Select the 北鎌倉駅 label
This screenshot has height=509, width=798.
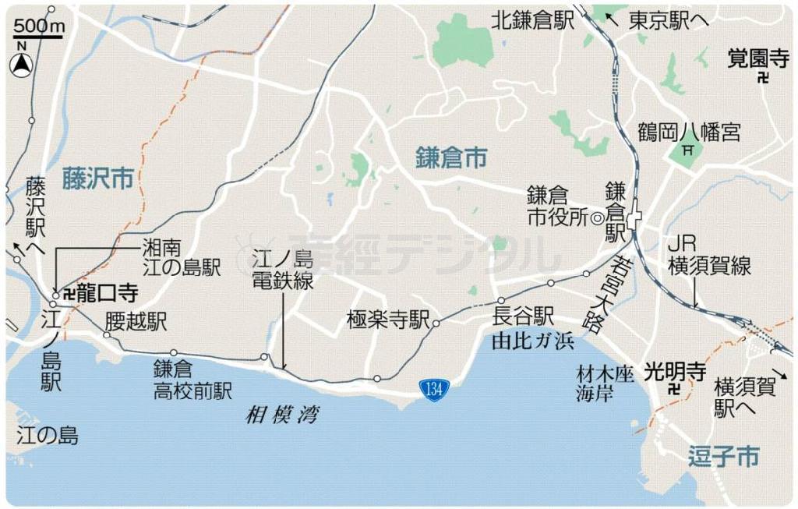click(x=532, y=20)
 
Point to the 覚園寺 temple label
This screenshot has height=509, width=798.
click(x=757, y=58)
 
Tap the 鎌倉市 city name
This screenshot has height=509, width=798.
click(x=451, y=159)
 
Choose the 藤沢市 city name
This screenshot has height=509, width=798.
click(x=98, y=179)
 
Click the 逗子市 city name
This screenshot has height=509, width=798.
click(x=723, y=457)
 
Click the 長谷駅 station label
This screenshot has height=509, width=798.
click(x=523, y=316)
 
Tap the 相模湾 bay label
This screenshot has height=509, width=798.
click(x=281, y=415)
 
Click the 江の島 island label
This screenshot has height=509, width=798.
click(x=48, y=436)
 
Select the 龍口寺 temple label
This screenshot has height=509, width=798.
click(x=108, y=293)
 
